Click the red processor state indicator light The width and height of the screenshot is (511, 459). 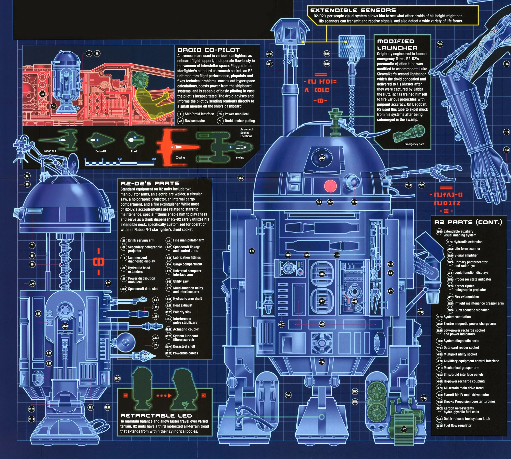[x=330, y=186]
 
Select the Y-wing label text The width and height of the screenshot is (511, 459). [x=240, y=158]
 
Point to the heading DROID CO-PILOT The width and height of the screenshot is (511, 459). [x=208, y=50]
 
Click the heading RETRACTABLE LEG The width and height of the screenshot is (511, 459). [x=156, y=416]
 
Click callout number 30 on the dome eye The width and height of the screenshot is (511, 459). [x=322, y=158]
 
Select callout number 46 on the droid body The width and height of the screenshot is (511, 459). [x=322, y=362]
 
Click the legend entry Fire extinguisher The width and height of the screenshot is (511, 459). [x=467, y=297]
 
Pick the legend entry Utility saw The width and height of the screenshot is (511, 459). [x=181, y=281]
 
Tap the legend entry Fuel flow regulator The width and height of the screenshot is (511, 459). [x=457, y=426]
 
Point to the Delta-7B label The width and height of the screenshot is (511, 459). [x=101, y=151]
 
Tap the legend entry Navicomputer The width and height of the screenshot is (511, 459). [x=195, y=121]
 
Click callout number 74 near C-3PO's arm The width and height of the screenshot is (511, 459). [x=440, y=44]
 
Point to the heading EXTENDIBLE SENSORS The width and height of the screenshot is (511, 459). [x=353, y=10]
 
